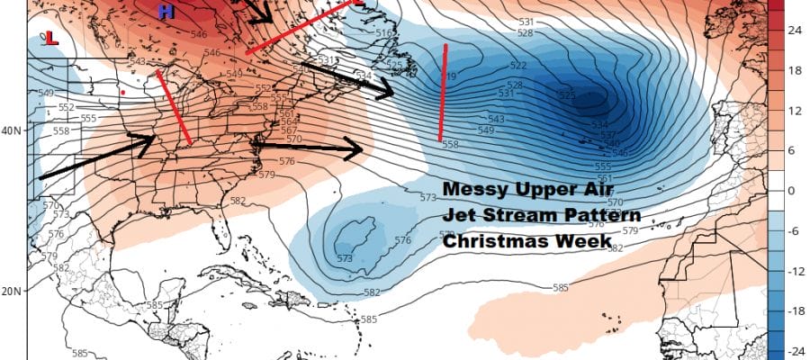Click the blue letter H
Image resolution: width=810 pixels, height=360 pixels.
point(166,12)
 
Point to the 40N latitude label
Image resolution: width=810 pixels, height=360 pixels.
point(13,130)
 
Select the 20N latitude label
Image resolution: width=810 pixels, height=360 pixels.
point(13,292)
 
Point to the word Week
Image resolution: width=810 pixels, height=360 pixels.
point(583,241)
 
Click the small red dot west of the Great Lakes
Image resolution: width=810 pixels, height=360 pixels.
point(122,92)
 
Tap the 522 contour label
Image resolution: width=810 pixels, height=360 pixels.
point(518,66)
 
